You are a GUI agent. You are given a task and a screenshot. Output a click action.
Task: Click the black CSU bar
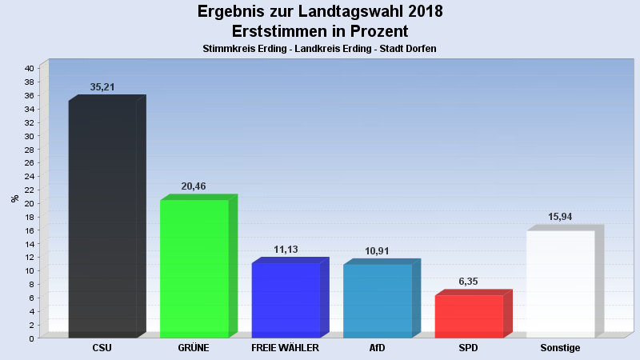point(102,218)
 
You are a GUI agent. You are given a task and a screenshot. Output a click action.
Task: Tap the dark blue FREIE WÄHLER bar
point(286,300)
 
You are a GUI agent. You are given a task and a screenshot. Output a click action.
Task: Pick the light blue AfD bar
point(378,301)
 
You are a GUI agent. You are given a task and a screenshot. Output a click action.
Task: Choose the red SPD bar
point(469,316)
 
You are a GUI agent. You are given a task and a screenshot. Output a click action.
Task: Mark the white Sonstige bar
point(560,284)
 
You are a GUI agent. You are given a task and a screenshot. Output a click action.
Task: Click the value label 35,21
point(102,87)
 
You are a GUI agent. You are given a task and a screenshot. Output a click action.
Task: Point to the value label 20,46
point(194,186)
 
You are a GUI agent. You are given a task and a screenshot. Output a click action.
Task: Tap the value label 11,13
point(286,250)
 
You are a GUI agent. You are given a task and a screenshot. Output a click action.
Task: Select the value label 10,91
point(378,251)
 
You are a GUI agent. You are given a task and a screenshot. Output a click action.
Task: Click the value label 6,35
point(469,282)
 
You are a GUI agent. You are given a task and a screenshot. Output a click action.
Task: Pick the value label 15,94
point(560,217)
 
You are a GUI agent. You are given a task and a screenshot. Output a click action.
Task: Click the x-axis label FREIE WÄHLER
point(286,348)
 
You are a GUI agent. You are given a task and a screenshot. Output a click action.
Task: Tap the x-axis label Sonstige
point(560,348)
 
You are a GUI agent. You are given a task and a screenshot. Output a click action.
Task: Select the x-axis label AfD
point(378,348)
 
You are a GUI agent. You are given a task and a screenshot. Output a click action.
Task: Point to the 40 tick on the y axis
point(29,69)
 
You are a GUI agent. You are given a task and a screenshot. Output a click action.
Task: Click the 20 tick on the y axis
point(29,203)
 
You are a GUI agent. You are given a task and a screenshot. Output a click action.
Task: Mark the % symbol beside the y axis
point(14,198)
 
